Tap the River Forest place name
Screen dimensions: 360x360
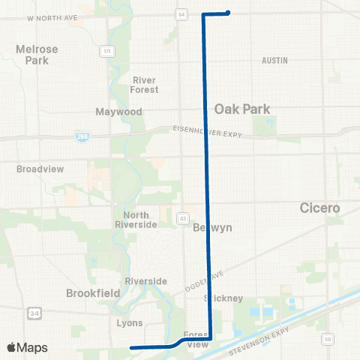(x=145, y=85)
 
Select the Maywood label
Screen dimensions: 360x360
(x=118, y=112)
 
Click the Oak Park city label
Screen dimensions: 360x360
(x=242, y=109)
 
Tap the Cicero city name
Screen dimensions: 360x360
(x=320, y=207)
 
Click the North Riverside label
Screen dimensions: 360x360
(x=135, y=220)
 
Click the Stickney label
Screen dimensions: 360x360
(x=224, y=298)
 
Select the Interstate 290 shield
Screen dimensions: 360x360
(x=81, y=137)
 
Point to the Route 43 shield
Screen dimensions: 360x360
(x=182, y=218)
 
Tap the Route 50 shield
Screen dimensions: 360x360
(x=327, y=340)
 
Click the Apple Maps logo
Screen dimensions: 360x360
(x=27, y=347)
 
